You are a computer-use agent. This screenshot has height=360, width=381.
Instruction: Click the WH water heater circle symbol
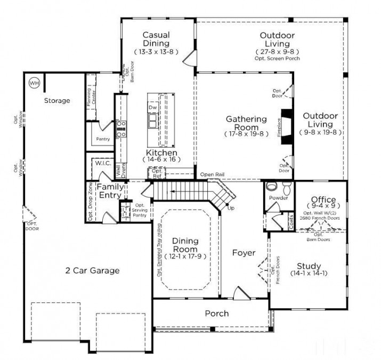coord(34,83)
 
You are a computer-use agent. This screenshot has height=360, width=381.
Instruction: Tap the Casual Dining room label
coord(156,39)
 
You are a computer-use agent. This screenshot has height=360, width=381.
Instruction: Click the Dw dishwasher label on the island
coord(152,108)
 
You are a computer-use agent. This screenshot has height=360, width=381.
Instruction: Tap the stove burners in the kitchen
coord(121,129)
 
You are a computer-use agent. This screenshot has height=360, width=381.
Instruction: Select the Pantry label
coord(102,139)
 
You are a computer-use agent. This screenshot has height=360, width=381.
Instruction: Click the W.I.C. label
coord(102,164)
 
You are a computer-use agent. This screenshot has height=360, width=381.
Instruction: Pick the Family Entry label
coord(110,191)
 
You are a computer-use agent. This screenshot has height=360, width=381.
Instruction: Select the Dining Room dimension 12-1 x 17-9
coord(184,257)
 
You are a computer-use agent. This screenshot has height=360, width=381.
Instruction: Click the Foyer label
coord(244,253)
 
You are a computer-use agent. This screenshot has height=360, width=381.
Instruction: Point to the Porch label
coord(217,314)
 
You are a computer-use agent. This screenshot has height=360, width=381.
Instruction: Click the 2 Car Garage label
coord(92,270)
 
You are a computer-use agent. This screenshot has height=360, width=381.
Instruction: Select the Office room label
coord(323,200)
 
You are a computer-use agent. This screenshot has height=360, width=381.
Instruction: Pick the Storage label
coord(57,100)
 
